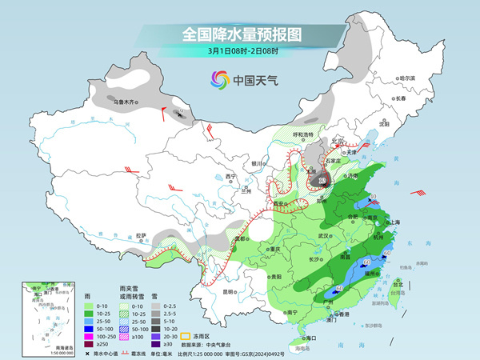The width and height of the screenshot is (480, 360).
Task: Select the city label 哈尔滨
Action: click(x=407, y=78)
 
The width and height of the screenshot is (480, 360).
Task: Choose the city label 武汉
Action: click(x=323, y=236)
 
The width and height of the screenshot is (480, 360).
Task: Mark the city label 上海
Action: click(x=392, y=223)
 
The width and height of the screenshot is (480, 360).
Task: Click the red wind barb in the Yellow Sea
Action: click(x=418, y=192)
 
